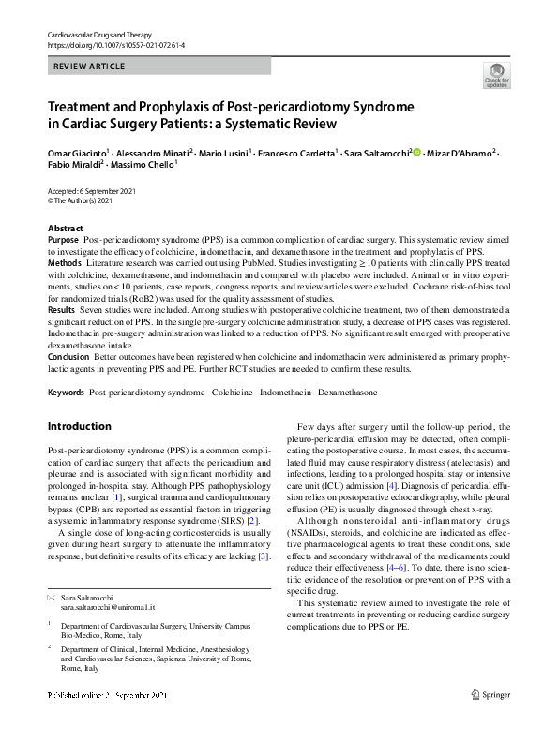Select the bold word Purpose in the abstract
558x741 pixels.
[x=64, y=241]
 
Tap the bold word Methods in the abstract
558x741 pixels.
[x=65, y=264]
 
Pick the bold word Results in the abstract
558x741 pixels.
[x=62, y=309]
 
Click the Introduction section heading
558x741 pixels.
[x=79, y=426]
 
